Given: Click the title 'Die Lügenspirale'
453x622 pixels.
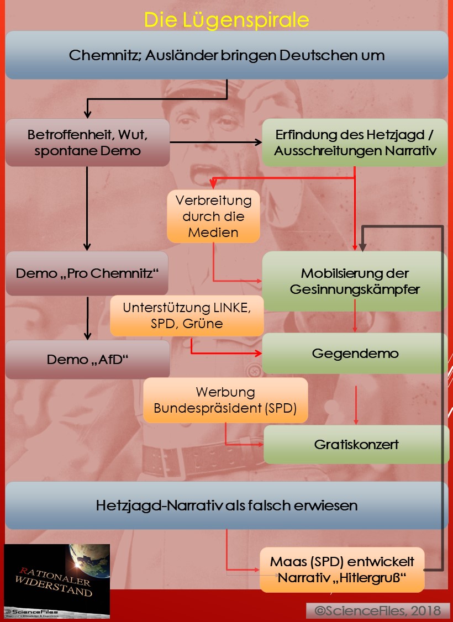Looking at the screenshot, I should (x=227, y=20).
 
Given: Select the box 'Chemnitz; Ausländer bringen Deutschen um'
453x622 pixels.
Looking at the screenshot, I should (x=227, y=55).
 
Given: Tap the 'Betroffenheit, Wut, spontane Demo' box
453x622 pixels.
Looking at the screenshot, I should (x=87, y=143).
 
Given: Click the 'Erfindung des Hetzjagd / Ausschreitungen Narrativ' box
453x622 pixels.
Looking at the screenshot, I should (x=354, y=143).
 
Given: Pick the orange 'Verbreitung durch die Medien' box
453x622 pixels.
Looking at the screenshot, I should (x=213, y=216).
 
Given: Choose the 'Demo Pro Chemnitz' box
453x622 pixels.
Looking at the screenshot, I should (x=87, y=273).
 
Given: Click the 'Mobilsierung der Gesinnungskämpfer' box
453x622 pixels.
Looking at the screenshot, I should (x=354, y=281).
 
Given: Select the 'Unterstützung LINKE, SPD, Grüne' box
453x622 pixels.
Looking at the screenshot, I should (x=187, y=316).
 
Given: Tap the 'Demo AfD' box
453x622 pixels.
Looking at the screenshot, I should (x=87, y=360).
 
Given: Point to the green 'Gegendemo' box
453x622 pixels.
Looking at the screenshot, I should (x=354, y=354).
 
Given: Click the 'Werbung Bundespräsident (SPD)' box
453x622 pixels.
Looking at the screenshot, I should (x=225, y=400).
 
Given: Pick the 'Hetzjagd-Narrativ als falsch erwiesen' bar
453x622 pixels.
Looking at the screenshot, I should (x=227, y=505).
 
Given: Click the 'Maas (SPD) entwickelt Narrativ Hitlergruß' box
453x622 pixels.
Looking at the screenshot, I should (x=342, y=570).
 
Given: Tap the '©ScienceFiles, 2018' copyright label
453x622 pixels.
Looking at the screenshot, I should (x=378, y=610).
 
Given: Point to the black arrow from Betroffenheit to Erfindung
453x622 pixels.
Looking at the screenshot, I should (x=215, y=143).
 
